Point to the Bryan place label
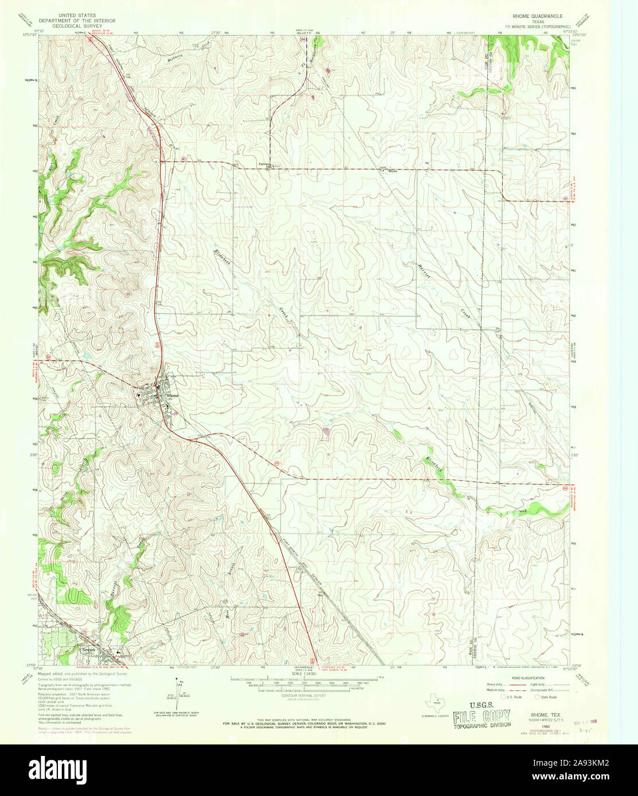(x=393, y=171)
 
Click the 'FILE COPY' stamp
(x=482, y=717)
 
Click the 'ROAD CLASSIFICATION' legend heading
(x=528, y=677)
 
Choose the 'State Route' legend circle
(x=537, y=697)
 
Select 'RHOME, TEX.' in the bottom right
(x=546, y=714)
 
